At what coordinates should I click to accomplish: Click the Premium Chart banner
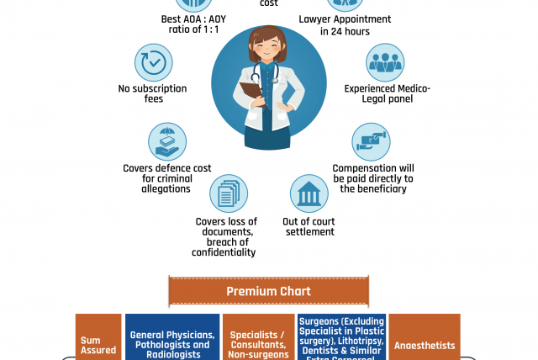coord(268,292)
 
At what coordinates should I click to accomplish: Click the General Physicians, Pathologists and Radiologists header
coord(171,344)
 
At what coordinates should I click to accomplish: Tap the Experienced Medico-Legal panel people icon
coord(385,63)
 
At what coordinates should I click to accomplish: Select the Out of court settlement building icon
coord(309,195)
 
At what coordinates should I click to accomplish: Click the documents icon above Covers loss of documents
coord(228,195)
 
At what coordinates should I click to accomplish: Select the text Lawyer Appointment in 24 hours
coord(334,24)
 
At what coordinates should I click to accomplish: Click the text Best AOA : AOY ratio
coord(194,24)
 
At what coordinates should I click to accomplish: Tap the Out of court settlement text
coord(309,226)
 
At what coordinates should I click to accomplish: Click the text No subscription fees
coord(153,93)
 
